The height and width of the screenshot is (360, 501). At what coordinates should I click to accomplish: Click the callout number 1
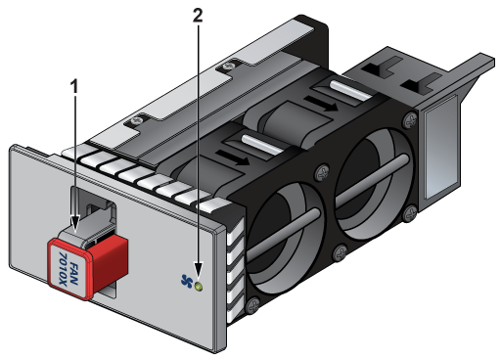74,87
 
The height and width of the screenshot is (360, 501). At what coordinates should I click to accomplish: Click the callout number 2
198,15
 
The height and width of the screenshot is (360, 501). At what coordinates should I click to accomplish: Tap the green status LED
199,287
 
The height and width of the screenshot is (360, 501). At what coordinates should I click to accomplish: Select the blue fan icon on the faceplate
187,281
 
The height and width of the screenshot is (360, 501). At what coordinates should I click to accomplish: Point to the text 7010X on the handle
63,268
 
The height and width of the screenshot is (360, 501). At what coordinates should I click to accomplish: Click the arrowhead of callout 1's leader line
75,224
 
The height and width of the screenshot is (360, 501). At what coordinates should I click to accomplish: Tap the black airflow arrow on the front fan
233,157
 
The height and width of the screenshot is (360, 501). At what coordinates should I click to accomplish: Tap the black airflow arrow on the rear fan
321,103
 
